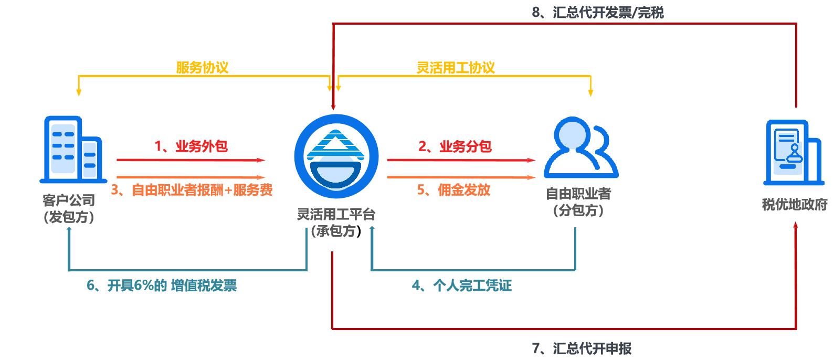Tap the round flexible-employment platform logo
(x=336, y=156)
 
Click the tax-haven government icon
(x=793, y=153)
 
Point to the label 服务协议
(x=202, y=68)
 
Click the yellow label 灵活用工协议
(x=456, y=68)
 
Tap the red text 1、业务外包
(x=191, y=146)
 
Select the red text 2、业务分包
(x=455, y=146)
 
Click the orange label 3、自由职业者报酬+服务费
(x=192, y=190)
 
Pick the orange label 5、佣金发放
(x=453, y=190)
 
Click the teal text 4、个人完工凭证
(x=462, y=285)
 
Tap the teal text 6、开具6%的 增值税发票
(x=162, y=285)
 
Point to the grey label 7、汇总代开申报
(x=582, y=348)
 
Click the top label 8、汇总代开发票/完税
(x=598, y=13)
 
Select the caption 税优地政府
(x=794, y=205)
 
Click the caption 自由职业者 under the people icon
(x=578, y=194)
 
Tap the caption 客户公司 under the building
(x=69, y=200)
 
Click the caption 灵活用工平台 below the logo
(x=336, y=214)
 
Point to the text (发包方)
(x=69, y=217)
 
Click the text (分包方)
(x=578, y=210)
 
